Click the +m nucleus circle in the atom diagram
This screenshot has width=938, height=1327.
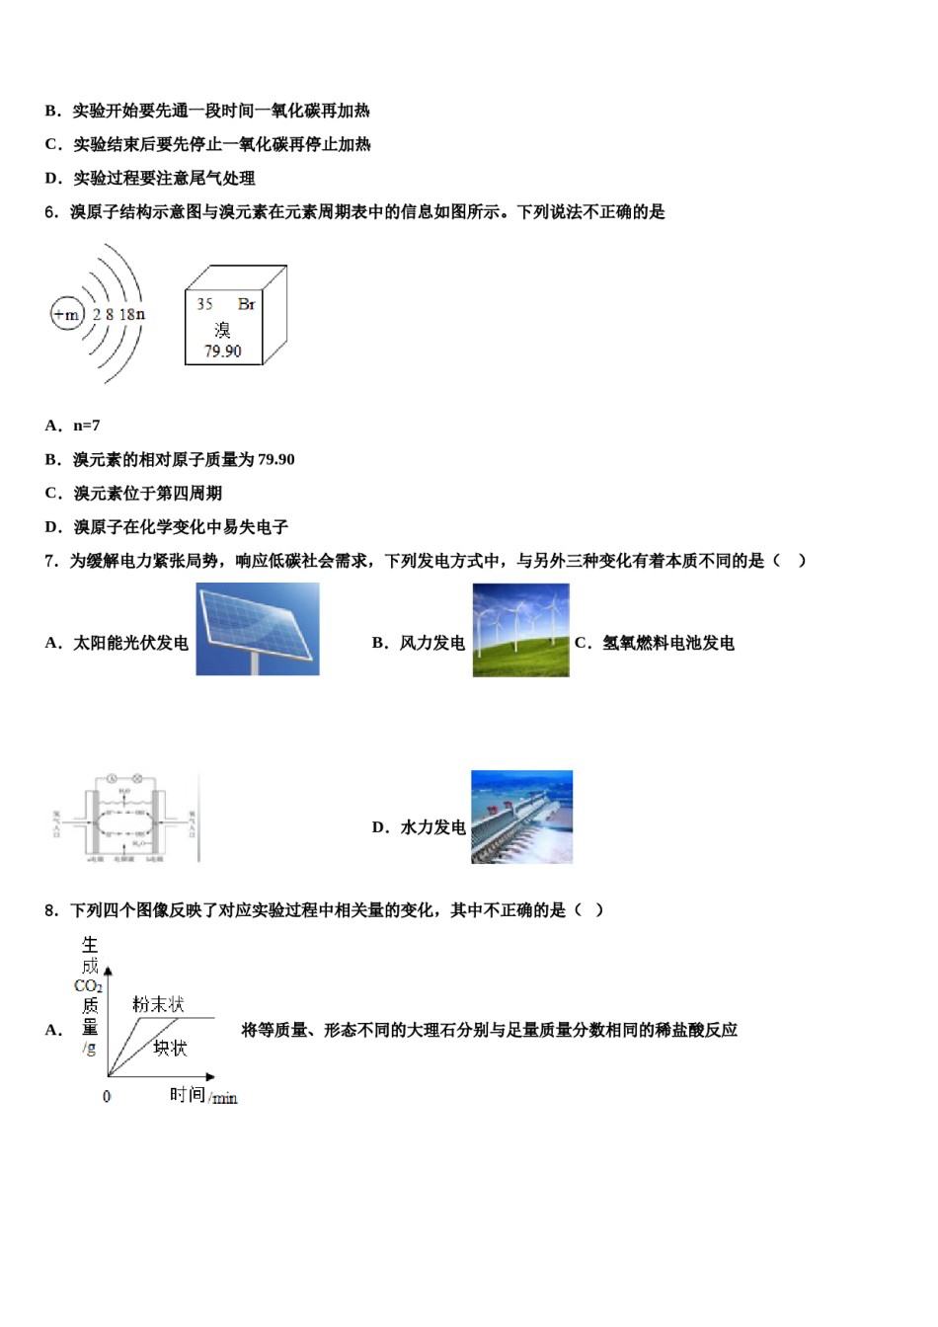[x=66, y=315]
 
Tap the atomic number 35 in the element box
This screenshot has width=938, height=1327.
[x=204, y=304]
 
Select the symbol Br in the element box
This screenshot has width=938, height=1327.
[x=247, y=304]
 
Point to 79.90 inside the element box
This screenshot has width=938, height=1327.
[x=223, y=351]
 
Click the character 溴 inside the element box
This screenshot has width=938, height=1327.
[x=223, y=329]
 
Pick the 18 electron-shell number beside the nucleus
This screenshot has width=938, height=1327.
[x=125, y=315]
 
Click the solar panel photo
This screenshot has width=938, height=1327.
[x=258, y=629]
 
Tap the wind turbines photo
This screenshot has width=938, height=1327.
[x=520, y=629]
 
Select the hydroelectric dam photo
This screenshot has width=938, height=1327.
[x=521, y=818]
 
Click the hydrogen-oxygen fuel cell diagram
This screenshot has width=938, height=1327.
[x=124, y=818]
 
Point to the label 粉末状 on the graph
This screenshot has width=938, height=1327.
[x=158, y=1005]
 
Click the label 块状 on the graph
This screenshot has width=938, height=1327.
[x=170, y=1048]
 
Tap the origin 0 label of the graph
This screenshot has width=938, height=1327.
[x=107, y=1096]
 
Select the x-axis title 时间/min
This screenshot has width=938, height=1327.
[x=203, y=1096]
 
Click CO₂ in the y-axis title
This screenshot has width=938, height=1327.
[x=89, y=986]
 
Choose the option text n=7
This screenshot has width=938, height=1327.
[x=87, y=426]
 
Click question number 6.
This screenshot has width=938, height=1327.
[x=51, y=211]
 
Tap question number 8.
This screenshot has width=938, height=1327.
[x=51, y=910]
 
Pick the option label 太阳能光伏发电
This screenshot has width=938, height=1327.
[x=130, y=643]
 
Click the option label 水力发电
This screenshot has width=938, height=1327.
[x=432, y=827]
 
